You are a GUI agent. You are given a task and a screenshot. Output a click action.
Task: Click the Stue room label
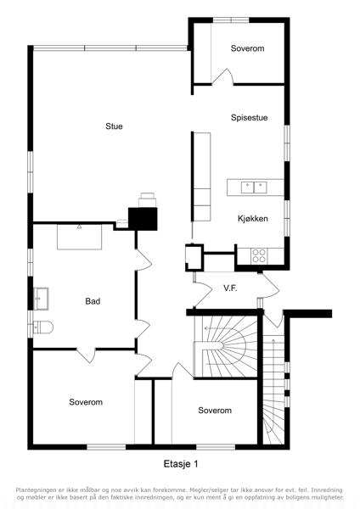114,126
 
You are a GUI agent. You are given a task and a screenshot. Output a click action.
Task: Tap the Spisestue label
250,118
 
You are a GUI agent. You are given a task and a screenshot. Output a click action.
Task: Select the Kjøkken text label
253,219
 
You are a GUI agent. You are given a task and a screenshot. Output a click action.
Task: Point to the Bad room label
93,301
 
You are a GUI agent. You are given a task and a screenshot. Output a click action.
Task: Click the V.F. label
230,288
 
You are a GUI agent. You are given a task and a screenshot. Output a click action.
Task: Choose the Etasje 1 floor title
181,464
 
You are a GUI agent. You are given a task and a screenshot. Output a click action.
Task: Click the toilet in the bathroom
43,327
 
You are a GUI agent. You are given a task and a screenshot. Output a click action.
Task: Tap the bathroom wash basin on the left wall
41,299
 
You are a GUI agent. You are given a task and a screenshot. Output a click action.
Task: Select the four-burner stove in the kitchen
259,255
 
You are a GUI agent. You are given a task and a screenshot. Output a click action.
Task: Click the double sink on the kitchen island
254,187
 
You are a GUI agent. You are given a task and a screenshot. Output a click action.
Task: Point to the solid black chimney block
143,219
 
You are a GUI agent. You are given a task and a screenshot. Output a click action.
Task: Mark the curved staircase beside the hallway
226,346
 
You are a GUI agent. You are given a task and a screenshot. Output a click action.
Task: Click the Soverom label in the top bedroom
247,48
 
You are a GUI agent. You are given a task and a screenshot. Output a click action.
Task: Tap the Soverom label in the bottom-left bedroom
86,402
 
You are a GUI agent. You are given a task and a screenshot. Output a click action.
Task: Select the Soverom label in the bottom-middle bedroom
215,411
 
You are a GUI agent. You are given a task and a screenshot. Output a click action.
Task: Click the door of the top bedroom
222,77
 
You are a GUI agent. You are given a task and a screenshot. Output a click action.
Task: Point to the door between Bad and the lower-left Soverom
86,355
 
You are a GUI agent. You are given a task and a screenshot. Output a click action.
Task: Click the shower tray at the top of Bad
79,237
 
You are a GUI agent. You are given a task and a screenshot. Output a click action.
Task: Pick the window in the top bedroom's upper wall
231,20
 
